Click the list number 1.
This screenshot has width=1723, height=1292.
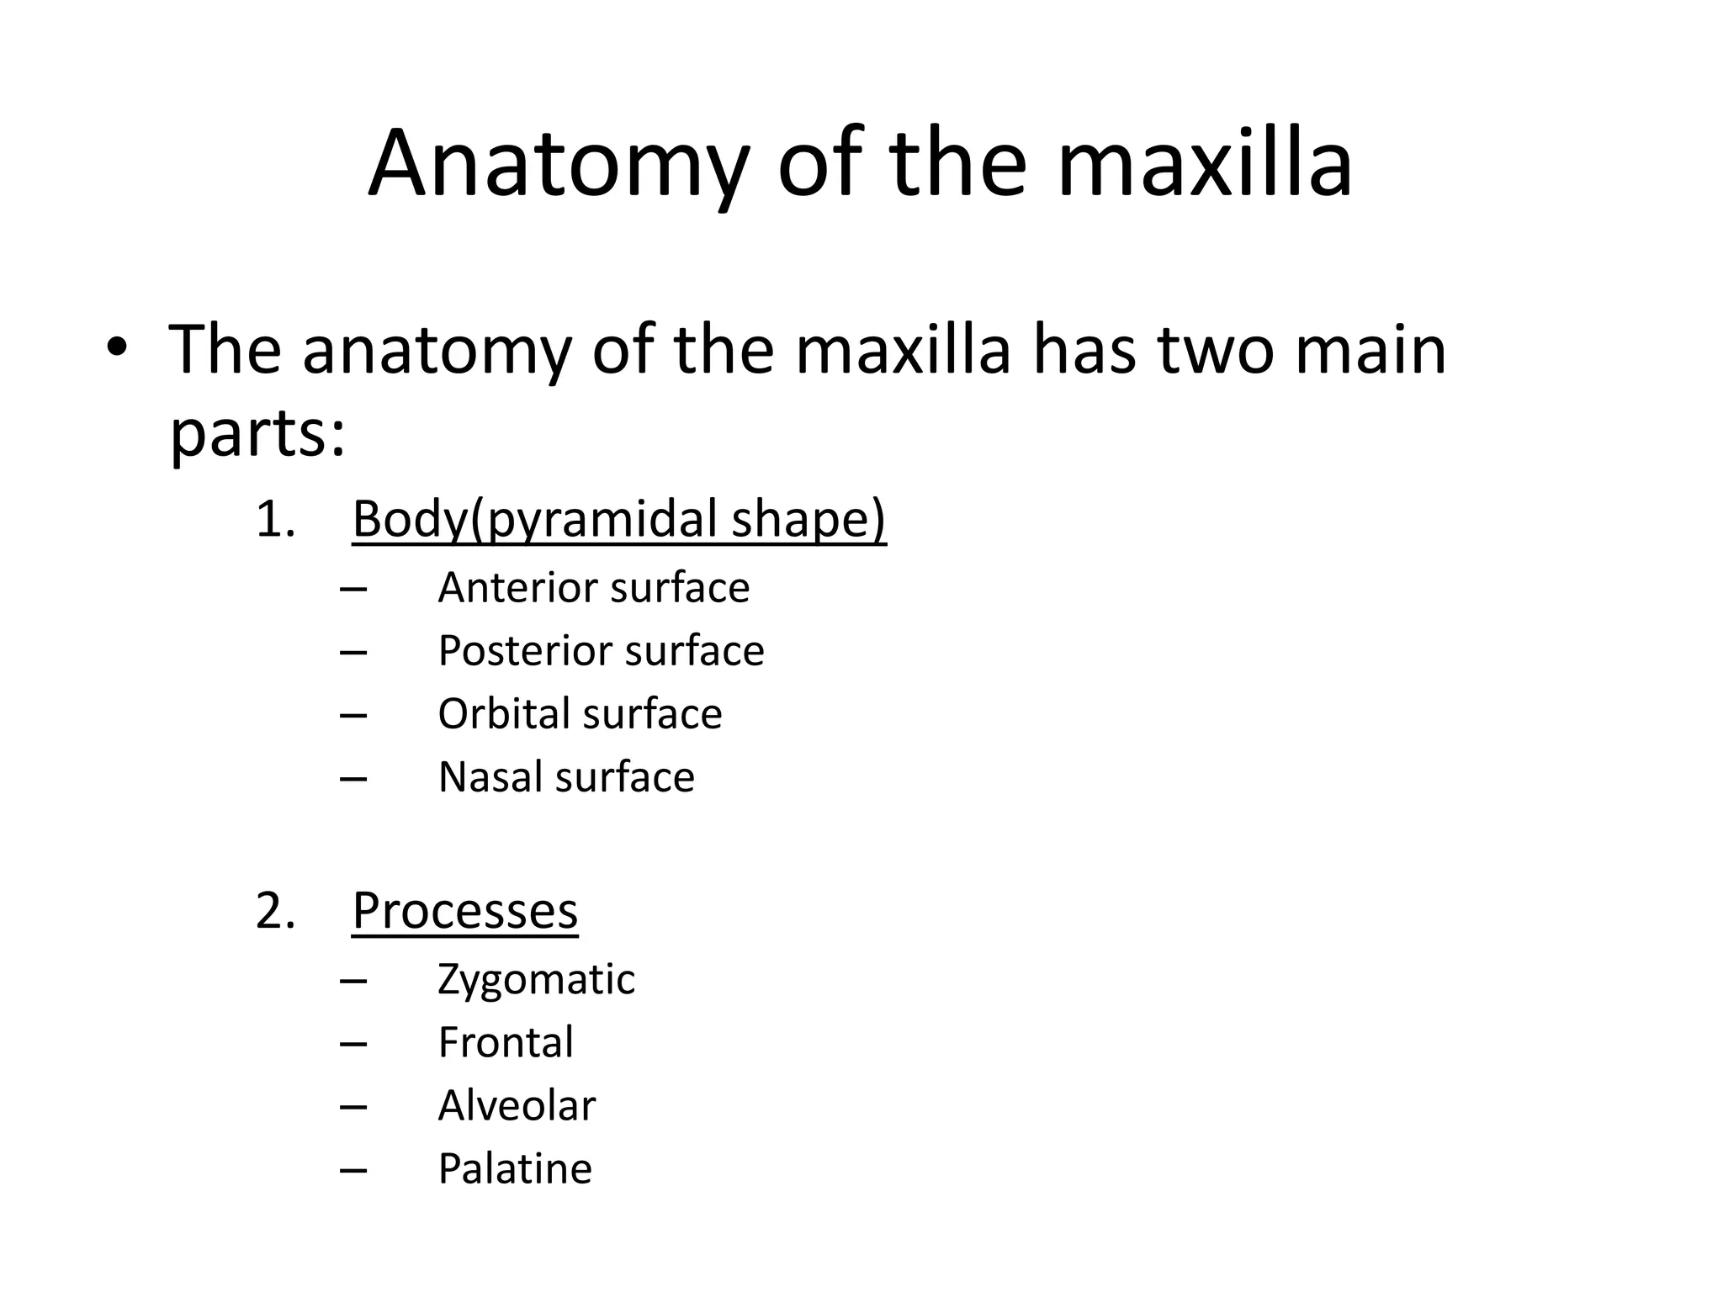[274, 519]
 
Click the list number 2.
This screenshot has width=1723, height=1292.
[274, 910]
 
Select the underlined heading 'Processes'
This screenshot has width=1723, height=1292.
[464, 910]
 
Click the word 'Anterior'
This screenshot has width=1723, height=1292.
[514, 587]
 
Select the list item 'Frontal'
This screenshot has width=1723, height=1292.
[506, 1042]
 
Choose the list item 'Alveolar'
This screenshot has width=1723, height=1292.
[517, 1105]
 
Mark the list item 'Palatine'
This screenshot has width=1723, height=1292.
[515, 1168]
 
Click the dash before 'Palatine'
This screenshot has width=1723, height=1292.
[353, 1170]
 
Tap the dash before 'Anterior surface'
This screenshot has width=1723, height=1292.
[353, 589]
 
